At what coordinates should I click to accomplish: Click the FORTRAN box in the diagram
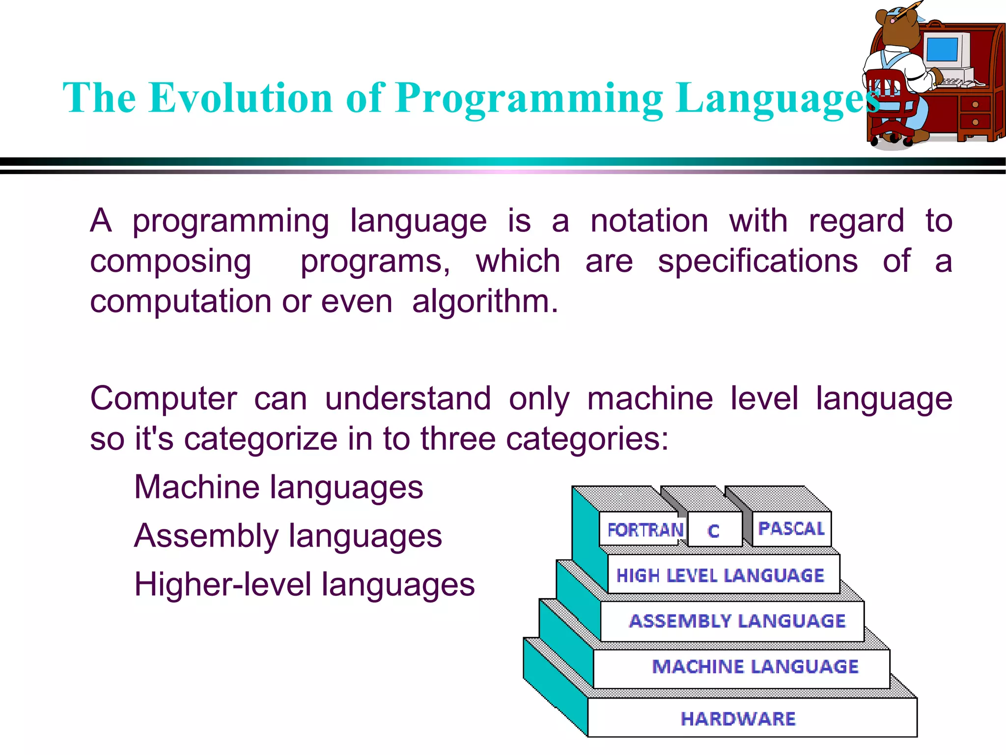644,530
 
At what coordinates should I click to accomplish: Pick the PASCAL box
791,529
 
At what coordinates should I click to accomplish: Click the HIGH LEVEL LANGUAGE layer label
720,576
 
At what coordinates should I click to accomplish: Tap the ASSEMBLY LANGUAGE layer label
737,621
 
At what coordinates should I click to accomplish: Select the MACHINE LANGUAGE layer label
755,667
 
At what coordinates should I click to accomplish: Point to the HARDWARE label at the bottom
738,719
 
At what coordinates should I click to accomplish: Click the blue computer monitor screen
942,49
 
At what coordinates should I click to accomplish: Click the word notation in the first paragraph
649,221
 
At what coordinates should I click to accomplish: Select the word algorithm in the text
485,301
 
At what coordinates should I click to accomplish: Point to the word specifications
758,261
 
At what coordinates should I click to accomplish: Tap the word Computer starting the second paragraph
164,399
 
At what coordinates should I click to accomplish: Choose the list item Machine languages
279,488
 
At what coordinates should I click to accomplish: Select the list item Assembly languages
288,536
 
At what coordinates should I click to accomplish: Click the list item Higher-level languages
305,585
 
